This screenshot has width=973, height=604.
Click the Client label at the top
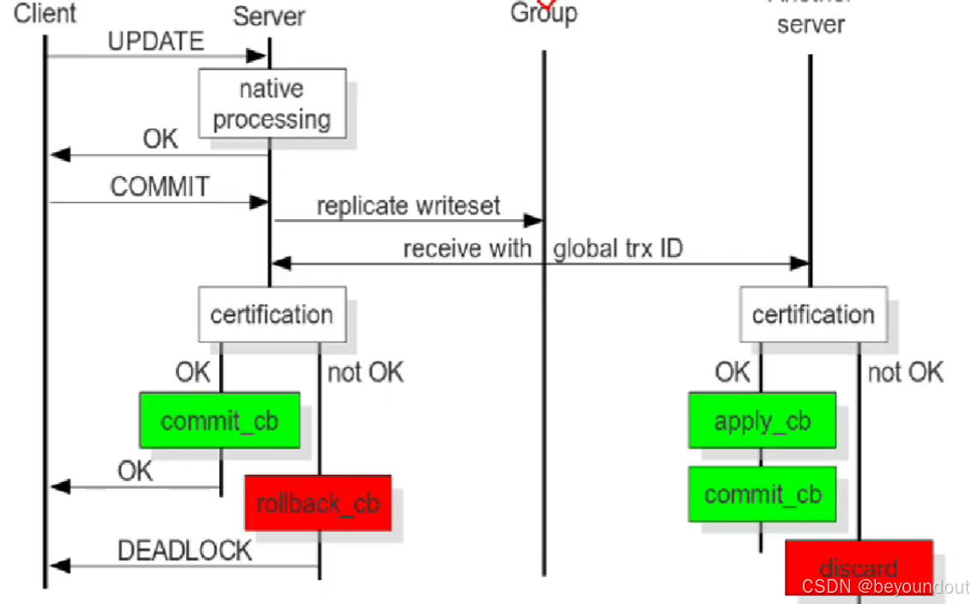click(x=45, y=13)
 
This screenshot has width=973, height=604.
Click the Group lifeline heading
click(x=543, y=13)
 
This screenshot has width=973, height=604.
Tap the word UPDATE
click(x=156, y=40)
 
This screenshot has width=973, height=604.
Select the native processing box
click(x=272, y=104)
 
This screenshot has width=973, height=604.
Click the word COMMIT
click(x=159, y=186)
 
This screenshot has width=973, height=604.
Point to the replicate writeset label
click(x=408, y=206)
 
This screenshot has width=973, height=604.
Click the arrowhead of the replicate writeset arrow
click(x=534, y=221)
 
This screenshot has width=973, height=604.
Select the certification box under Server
click(x=272, y=314)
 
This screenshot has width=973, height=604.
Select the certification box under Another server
click(x=813, y=314)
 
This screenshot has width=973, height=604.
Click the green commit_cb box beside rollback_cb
click(x=219, y=421)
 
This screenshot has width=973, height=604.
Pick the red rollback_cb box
click(x=318, y=503)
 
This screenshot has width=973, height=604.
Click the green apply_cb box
click(x=762, y=421)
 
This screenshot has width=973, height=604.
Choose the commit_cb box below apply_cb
click(x=762, y=495)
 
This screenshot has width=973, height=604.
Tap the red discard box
click(x=859, y=567)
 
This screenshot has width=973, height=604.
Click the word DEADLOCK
click(x=185, y=551)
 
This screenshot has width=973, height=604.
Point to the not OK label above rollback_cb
click(x=365, y=372)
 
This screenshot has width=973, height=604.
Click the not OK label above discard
click(x=905, y=372)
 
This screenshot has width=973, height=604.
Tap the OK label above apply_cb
click(x=732, y=372)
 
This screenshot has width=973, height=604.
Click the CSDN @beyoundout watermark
click(x=885, y=587)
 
